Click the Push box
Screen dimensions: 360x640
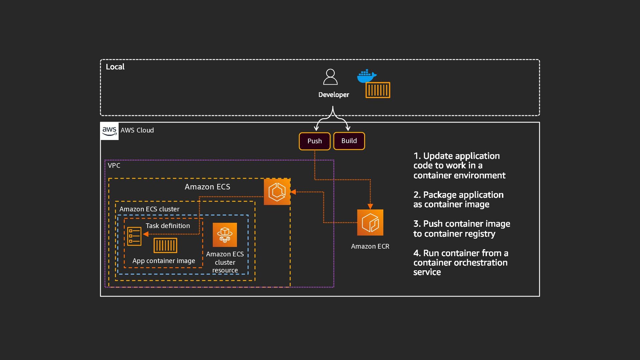pyautogui.click(x=314, y=141)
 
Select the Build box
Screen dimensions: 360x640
pyautogui.click(x=349, y=141)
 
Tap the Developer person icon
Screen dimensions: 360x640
pyautogui.click(x=330, y=77)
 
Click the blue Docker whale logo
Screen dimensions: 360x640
pyautogui.click(x=366, y=76)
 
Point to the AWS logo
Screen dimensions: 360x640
pyautogui.click(x=109, y=131)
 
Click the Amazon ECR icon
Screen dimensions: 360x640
pyautogui.click(x=370, y=222)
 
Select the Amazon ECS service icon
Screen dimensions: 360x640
pyautogui.click(x=277, y=192)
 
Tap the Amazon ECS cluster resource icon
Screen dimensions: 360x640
pyautogui.click(x=225, y=235)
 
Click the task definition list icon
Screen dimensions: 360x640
pyautogui.click(x=134, y=236)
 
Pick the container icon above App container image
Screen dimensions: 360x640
pyautogui.click(x=165, y=245)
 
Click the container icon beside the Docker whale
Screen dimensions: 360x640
pyautogui.click(x=378, y=90)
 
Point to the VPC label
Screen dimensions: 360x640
pyautogui.click(x=114, y=166)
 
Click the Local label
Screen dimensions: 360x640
pyautogui.click(x=115, y=67)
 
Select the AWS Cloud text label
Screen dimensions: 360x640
pyautogui.click(x=137, y=130)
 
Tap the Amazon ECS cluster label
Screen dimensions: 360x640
pyautogui.click(x=149, y=209)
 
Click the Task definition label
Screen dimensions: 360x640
pyautogui.click(x=168, y=226)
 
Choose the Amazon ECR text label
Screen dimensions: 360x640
pyautogui.click(x=370, y=246)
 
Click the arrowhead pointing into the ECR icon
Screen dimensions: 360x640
pyautogui.click(x=370, y=206)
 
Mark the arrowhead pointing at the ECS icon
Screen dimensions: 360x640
pyautogui.click(x=293, y=192)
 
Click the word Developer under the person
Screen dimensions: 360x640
pyautogui.click(x=334, y=95)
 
